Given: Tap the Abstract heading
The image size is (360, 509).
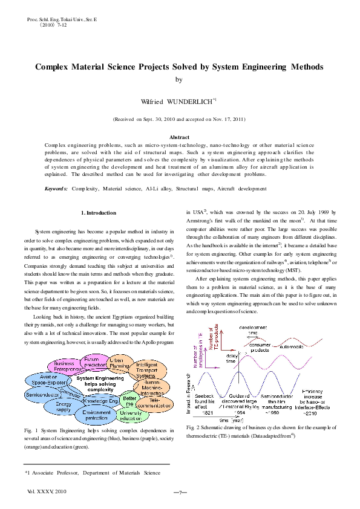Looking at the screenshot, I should (180, 138).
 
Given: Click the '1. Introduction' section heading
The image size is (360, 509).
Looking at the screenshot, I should (98, 213).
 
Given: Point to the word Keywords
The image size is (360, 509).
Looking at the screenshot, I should (56, 189).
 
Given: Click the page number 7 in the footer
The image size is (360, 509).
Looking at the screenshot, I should (180, 493).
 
